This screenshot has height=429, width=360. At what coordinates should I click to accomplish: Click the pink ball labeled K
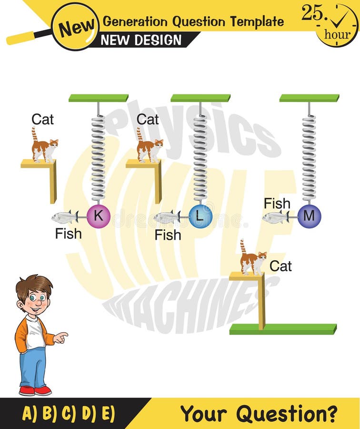99,216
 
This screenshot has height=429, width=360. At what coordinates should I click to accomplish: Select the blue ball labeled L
200,216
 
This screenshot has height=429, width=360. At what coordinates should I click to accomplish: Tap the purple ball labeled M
309,216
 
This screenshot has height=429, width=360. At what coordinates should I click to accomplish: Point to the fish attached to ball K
65,217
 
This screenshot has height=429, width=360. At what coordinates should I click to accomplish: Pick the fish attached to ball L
167,217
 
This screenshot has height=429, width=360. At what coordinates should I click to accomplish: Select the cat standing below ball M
252,260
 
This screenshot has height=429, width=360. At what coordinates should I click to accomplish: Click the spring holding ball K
98,157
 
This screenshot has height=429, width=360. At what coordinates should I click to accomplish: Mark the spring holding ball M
309,157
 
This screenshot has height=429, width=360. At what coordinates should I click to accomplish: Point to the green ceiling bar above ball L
200,98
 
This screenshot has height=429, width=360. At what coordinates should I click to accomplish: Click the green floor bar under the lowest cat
283,329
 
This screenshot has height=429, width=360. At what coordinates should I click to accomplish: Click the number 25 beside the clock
312,13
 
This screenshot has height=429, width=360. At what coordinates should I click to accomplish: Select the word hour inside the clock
337,34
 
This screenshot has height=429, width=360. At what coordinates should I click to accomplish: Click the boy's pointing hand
60,338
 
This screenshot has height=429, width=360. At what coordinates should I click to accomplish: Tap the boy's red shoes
35,390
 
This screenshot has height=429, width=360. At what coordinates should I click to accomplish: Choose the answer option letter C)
68,413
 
